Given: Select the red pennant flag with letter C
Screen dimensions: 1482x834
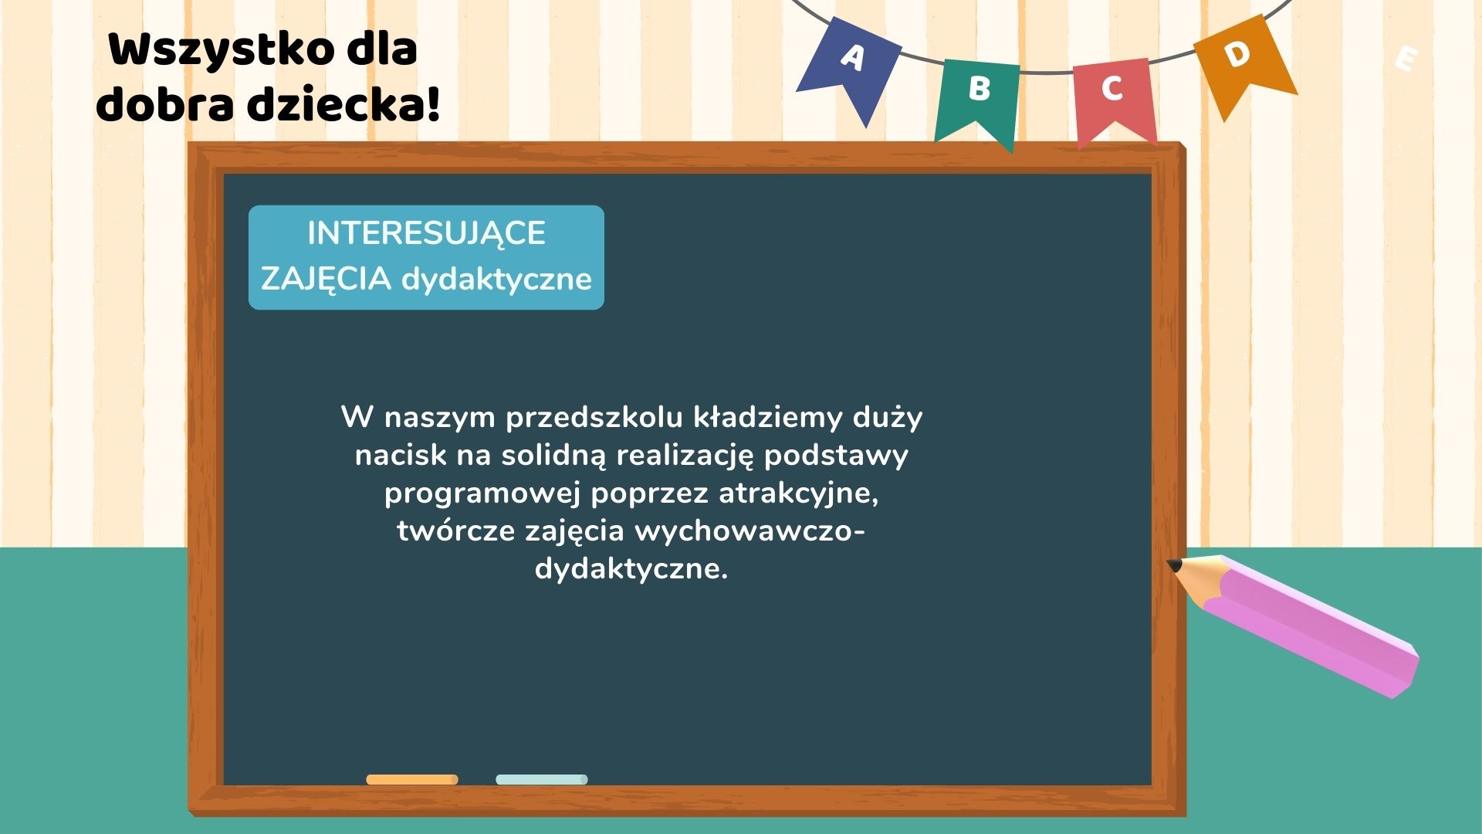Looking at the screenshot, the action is coord(1114,97).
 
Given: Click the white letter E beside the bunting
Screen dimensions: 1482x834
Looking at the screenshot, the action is coord(1406,59).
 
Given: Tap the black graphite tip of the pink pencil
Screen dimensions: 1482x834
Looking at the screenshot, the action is coord(1174,565).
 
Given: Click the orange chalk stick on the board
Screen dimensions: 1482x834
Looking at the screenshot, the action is coord(412,779).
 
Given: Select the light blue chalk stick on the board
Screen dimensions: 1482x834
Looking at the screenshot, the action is coord(542,779).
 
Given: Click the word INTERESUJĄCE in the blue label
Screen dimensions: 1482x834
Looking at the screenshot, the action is coord(426,234).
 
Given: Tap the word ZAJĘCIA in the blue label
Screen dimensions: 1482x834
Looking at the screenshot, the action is coord(326,279).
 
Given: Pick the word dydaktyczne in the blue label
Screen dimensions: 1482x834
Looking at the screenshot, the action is coord(496,280).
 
